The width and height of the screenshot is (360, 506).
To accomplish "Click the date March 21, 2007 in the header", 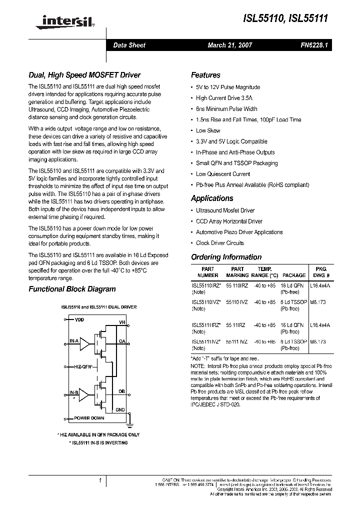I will click(x=229, y=45).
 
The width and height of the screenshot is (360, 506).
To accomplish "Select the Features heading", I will click(x=205, y=75).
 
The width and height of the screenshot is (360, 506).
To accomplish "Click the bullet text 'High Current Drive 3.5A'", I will click(x=224, y=98).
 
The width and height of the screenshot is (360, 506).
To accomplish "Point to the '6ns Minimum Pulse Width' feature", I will click(x=226, y=109).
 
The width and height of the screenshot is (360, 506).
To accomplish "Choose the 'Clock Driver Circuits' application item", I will click(x=219, y=243).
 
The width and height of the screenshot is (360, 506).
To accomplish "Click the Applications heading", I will click(x=212, y=198).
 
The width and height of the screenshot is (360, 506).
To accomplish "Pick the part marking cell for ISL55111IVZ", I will click(x=237, y=341).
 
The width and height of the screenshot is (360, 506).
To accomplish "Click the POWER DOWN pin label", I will click(x=89, y=418).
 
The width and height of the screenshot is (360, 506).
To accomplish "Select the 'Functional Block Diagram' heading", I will click(x=72, y=289).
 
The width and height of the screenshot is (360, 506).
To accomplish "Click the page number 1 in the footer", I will click(x=100, y=481).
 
